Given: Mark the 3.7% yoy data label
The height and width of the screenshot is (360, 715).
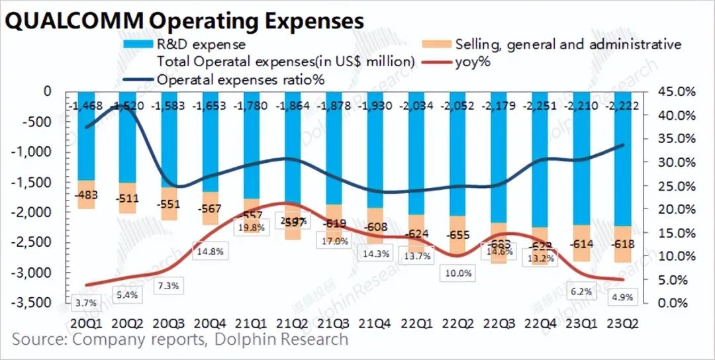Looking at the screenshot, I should coord(87,303).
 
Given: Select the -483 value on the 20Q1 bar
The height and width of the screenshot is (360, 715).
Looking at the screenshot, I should coord(87,196).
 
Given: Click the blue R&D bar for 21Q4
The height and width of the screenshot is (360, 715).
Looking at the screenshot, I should coord(375,159).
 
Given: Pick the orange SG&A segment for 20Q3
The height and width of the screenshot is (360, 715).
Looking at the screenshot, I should coord(169,204).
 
